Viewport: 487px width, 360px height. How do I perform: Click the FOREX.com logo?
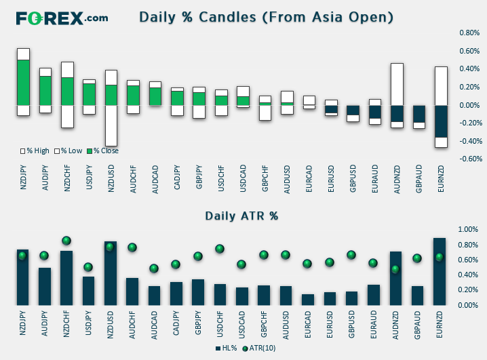point(62,18)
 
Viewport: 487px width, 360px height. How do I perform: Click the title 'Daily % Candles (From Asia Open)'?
point(266,17)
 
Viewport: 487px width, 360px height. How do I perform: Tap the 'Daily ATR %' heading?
point(241,216)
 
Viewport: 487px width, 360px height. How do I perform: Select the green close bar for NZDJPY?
point(23,83)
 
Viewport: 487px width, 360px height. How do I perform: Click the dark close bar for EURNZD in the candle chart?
point(440,121)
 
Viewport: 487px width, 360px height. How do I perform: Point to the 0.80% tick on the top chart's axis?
point(469,33)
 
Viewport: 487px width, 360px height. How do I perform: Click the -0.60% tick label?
point(471,159)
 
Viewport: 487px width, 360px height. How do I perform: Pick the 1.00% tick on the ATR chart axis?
point(468,229)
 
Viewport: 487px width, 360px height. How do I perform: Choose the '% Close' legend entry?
point(103,151)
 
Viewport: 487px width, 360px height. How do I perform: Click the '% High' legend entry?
point(35,151)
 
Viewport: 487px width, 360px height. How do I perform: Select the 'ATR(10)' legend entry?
point(259,348)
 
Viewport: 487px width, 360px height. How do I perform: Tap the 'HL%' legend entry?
point(226,348)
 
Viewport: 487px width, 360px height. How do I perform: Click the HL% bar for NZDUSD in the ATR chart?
point(111,273)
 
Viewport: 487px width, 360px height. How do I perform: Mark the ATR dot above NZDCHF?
point(66,241)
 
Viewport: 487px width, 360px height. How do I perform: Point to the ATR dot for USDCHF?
point(220,249)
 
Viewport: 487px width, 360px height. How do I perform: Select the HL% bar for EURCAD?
point(308,300)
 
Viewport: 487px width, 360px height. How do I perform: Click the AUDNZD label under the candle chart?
point(397,180)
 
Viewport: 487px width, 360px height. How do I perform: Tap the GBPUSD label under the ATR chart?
point(351,324)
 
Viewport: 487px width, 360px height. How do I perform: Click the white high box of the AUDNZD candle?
point(397,85)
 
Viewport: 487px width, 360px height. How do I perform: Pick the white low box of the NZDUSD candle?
point(111,125)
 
